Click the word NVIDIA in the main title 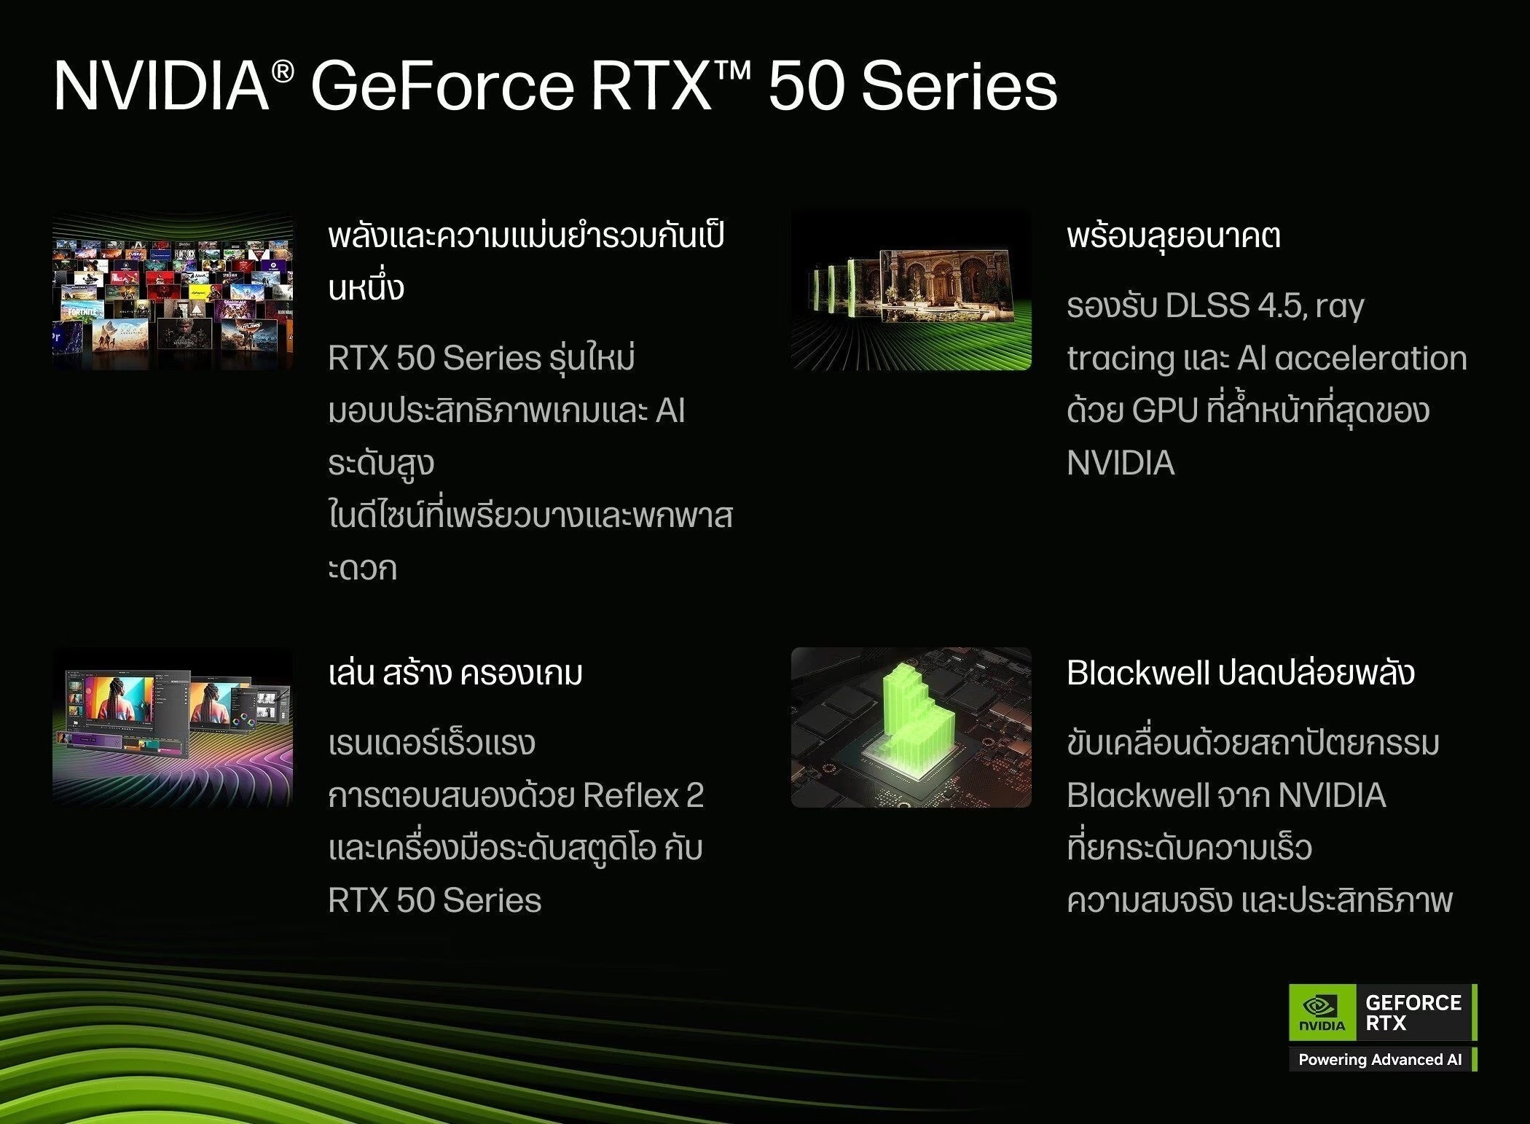[x=162, y=87]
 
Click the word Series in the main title [x=959, y=87]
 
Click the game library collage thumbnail [x=173, y=291]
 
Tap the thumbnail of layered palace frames [x=911, y=291]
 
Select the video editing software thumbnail [x=173, y=727]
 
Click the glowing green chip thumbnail [x=911, y=727]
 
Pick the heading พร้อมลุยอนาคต [x=1174, y=236]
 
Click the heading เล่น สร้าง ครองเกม [x=455, y=672]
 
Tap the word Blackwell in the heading [x=1138, y=673]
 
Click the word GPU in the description [x=1165, y=410]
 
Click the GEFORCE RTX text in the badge [x=1413, y=1012]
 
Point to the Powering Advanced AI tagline [x=1380, y=1060]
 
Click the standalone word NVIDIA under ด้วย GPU [x=1121, y=463]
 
